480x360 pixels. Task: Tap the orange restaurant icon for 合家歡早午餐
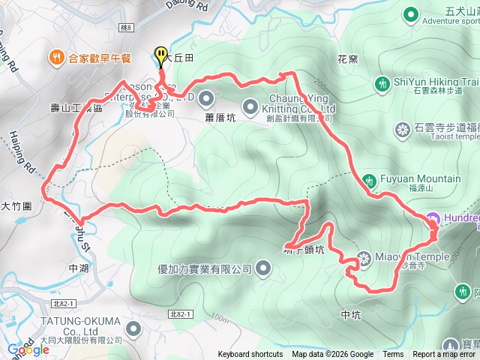(57, 57)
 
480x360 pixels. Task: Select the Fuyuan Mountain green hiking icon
(369, 179)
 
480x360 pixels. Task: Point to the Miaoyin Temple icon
(364, 259)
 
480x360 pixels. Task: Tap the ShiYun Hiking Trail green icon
(383, 82)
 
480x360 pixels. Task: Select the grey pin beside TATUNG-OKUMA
(133, 328)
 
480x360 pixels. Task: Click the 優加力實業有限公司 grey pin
(264, 267)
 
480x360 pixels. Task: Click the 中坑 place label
(351, 314)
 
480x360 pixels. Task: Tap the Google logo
(28, 349)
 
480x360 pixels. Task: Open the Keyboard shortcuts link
(250, 355)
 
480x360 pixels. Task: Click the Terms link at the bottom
(393, 355)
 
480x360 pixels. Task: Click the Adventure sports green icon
(410, 13)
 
